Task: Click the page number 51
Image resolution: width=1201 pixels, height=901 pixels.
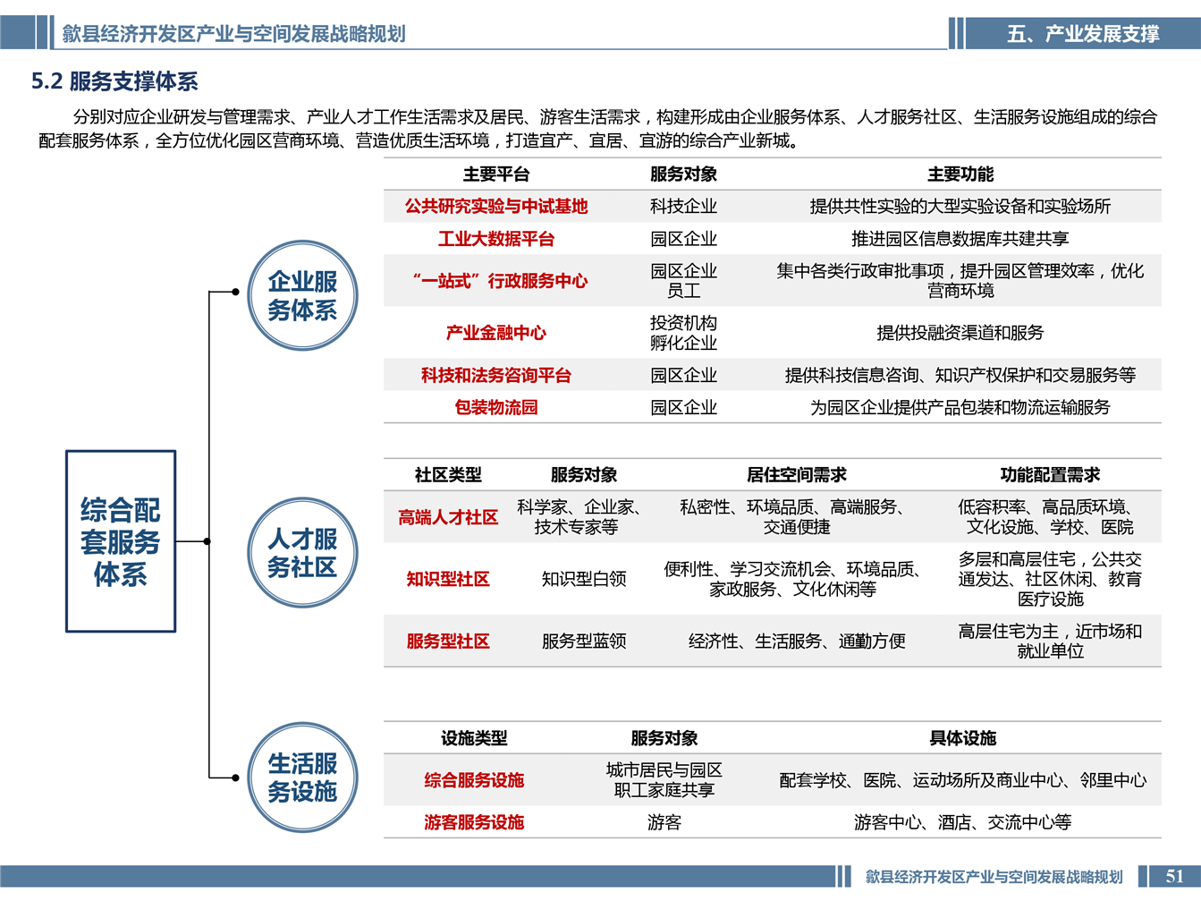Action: pos(1174,876)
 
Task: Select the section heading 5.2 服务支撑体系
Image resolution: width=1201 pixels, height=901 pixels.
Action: pos(114,81)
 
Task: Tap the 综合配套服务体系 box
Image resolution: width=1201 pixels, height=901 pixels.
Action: pos(121,541)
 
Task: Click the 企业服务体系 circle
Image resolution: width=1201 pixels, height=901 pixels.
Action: pos(302,295)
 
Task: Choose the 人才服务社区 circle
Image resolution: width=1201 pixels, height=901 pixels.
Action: pos(302,553)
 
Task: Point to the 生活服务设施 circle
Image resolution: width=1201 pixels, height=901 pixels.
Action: pos(302,778)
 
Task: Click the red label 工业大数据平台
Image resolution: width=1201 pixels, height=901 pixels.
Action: pos(496,239)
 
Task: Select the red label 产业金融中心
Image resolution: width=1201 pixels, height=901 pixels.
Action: pos(496,333)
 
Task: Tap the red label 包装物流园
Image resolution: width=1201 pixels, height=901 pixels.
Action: pos(496,407)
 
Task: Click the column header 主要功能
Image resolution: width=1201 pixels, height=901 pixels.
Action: pos(960,174)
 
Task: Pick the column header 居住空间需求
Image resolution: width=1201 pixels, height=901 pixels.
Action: pos(797,474)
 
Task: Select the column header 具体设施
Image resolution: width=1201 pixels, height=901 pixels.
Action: pos(962,738)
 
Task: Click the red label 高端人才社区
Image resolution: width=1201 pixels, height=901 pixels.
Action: pos(448,517)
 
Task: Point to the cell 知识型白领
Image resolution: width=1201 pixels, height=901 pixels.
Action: pos(584,579)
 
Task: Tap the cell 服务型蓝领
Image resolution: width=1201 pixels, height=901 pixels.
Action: pos(584,641)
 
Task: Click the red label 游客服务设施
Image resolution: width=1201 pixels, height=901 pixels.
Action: pos(474,822)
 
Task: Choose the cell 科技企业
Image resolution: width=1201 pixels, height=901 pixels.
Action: pos(683,207)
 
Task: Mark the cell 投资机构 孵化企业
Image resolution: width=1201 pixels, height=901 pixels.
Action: pos(683,333)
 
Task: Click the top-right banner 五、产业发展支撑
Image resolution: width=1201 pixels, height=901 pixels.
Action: pos(1083,34)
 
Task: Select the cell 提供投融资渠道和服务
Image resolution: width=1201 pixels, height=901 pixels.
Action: pos(960,333)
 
